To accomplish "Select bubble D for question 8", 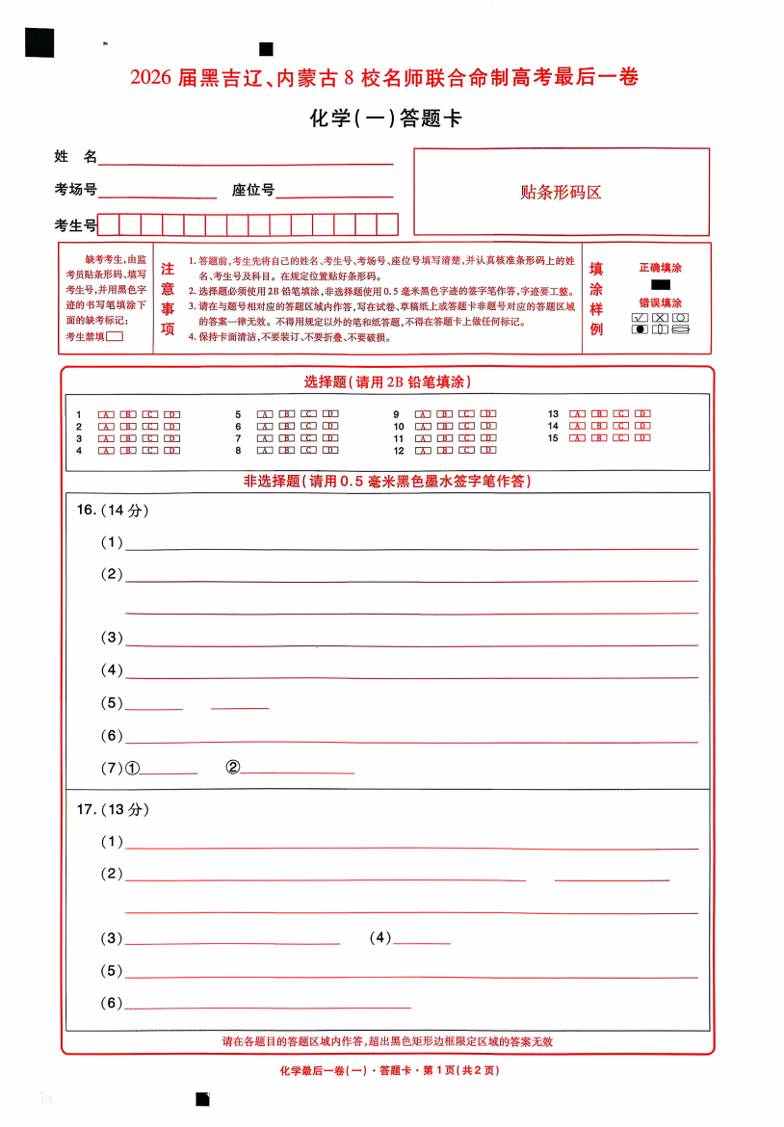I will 330,449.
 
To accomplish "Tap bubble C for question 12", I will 466,450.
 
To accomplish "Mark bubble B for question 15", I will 599,438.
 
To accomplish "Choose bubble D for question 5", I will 330,414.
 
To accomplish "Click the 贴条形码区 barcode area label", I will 561,192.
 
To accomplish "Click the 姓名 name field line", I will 246,159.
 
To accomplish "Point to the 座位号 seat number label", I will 252,190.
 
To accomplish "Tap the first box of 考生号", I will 108,225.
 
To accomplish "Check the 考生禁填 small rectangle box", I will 115,336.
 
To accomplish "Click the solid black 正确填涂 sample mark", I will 661,284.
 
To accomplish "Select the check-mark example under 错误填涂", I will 640,317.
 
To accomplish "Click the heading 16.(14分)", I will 113,510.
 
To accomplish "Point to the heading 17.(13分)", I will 113,809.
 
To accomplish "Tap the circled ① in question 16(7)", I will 133,768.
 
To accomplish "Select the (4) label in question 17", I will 380,937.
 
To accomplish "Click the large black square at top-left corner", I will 39,42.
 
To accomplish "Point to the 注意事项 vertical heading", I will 168,299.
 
